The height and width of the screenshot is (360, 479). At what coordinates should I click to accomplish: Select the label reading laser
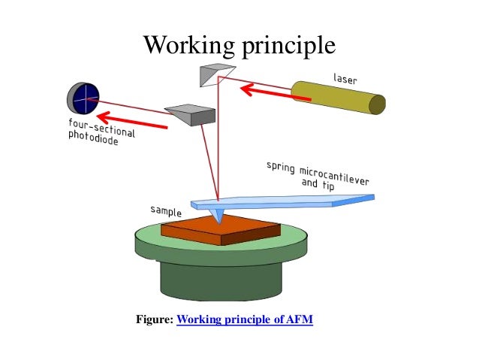(346, 78)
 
